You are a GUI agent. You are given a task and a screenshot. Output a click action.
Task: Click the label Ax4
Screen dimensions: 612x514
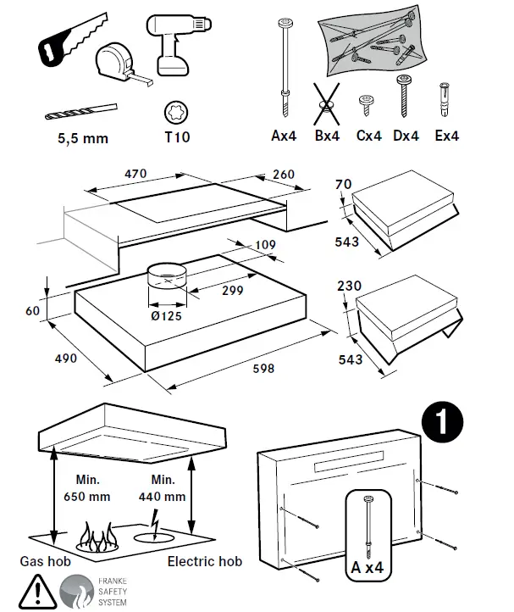285,136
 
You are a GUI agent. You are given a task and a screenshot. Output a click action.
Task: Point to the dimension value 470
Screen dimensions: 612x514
135,174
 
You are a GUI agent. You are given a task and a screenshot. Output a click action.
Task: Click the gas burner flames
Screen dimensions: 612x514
98,536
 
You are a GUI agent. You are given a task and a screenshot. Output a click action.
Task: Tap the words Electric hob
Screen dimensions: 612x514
203,561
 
